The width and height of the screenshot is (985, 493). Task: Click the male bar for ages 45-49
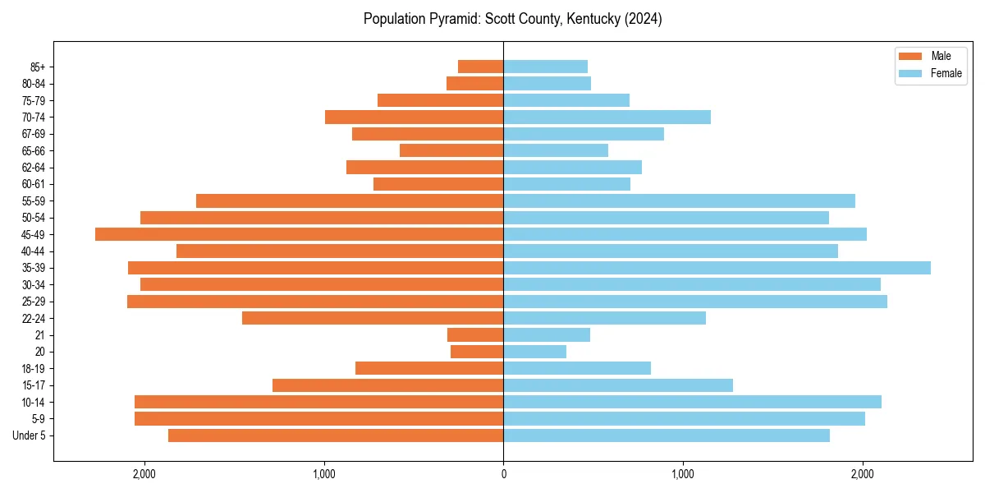pos(299,234)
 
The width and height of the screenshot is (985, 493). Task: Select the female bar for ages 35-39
pos(717,268)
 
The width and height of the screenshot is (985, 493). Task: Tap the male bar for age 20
pos(477,352)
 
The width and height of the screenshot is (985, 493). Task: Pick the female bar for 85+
pos(545,67)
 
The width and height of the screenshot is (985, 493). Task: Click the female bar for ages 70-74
pos(607,117)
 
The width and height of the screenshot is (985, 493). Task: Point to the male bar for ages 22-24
pos(373,318)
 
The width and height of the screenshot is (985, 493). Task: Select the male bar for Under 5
pos(336,435)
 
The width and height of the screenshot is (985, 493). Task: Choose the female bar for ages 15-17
pos(618,385)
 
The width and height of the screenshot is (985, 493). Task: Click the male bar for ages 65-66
pos(451,150)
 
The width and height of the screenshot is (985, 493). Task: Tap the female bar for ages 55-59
pos(679,200)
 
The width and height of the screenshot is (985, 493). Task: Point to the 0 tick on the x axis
pos(503,473)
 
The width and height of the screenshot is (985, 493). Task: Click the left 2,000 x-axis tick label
pos(144,473)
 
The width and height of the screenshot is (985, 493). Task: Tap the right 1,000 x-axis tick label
pos(683,473)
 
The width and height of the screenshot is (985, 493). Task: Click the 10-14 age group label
pos(34,402)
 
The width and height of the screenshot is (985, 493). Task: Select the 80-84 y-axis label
pos(34,83)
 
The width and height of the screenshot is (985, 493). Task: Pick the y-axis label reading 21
pos(40,335)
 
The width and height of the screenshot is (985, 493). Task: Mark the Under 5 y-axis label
pos(30,435)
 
